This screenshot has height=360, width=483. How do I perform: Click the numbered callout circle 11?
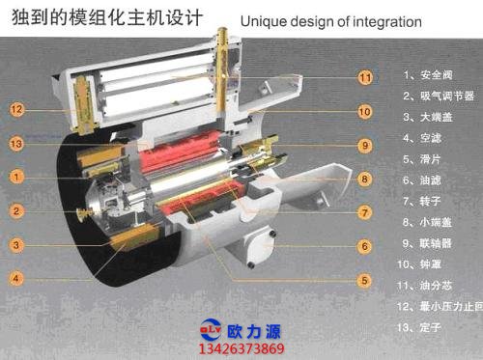coord(365,76)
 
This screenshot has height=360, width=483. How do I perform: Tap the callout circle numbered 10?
coord(365,111)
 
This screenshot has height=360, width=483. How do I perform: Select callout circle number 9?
coord(365,146)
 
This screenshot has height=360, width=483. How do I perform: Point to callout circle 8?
coord(365,179)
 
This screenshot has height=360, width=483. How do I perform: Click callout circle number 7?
coord(365,211)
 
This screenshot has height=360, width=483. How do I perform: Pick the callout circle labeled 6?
coord(365,246)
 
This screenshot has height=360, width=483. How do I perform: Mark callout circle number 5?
coord(365,281)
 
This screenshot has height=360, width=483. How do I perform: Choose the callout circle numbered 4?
coord(17,279)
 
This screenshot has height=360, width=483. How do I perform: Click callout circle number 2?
coord(17,211)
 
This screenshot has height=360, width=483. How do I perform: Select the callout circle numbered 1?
coord(17,177)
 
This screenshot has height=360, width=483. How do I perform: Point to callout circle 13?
coord(17,144)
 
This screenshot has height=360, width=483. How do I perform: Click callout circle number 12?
coord(17,110)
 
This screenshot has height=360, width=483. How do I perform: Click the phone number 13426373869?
coord(241,348)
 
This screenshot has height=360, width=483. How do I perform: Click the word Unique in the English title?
coord(262,18)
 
